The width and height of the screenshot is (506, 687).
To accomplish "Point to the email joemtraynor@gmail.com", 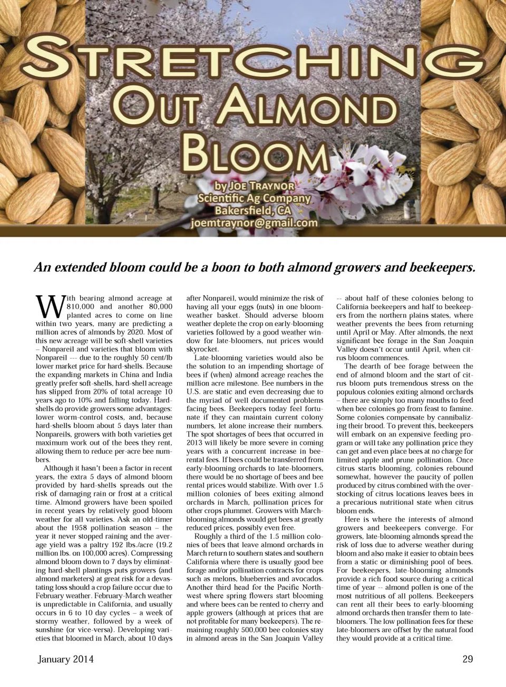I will [254, 223].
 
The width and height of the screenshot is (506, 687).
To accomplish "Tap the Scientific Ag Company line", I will [254, 198].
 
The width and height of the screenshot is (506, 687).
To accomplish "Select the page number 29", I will [467, 659].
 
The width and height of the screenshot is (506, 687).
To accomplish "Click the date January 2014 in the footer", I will [66, 659].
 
